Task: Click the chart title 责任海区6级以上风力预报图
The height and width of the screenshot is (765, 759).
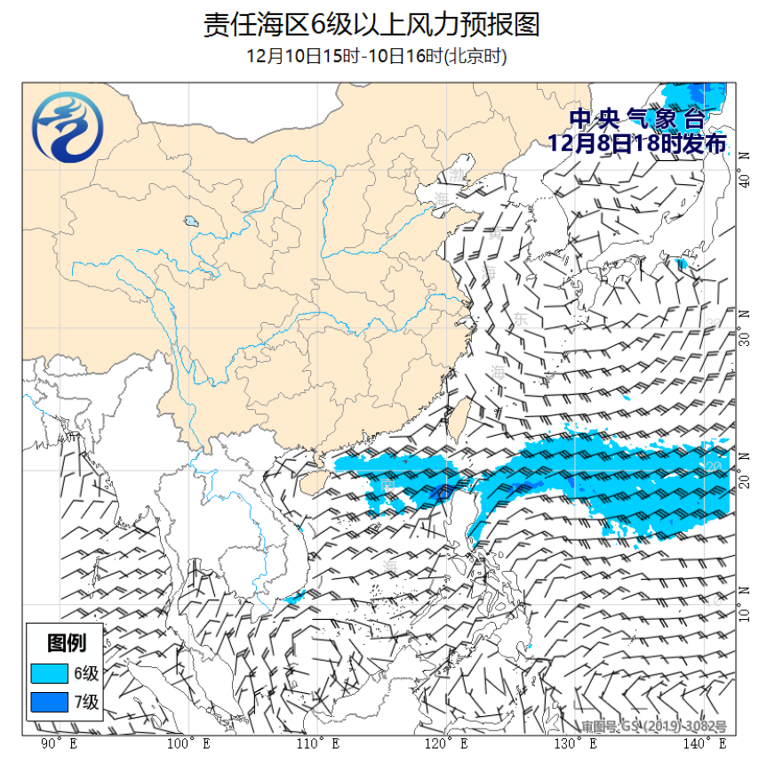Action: click(372, 24)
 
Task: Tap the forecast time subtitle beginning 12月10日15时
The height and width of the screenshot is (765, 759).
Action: click(377, 56)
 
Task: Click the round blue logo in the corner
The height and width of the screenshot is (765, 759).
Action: click(67, 131)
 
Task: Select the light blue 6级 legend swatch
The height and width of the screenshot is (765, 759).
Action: click(50, 672)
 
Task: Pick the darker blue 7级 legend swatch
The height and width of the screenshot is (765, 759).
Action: click(50, 703)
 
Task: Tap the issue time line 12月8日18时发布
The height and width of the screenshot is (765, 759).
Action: click(636, 142)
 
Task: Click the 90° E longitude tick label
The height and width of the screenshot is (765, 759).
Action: click(59, 743)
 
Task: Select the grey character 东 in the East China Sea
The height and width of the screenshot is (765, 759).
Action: click(520, 318)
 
